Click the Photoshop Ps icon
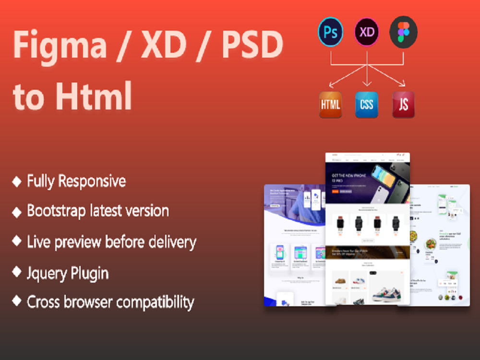pyautogui.click(x=330, y=32)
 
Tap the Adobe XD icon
pyautogui.click(x=367, y=32)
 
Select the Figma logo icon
pyautogui.click(x=403, y=32)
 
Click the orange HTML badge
pyautogui.click(x=331, y=105)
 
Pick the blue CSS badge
pyautogui.click(x=367, y=105)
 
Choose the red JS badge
pyautogui.click(x=403, y=105)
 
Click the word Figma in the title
pyautogui.click(x=60, y=46)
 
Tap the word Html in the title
pyautogui.click(x=94, y=95)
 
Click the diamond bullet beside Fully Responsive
pyautogui.click(x=17, y=181)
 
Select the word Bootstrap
pyautogui.click(x=58, y=211)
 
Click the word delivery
pyautogui.click(x=168, y=242)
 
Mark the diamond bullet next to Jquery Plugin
pyautogui.click(x=17, y=272)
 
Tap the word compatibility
pyautogui.click(x=155, y=302)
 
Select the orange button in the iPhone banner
pyautogui.click(x=335, y=191)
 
